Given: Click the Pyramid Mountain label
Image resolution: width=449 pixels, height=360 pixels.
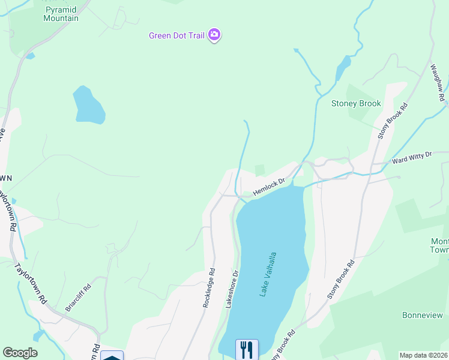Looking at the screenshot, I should (x=61, y=14).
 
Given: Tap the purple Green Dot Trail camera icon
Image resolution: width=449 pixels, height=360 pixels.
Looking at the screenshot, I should (x=214, y=35).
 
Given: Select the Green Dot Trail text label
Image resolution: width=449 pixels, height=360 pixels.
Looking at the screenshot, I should (x=177, y=35).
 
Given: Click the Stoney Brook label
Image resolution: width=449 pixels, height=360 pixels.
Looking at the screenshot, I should (x=356, y=104).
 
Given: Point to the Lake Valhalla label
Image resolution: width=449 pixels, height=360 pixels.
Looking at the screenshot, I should (x=268, y=274).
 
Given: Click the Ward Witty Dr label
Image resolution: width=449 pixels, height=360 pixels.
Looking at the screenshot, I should (x=412, y=158).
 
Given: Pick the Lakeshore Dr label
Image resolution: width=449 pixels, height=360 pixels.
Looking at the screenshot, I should (x=232, y=289).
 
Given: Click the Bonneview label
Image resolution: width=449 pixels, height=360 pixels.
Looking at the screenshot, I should (x=422, y=315).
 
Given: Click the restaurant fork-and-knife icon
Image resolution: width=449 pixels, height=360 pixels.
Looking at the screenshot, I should (x=247, y=349).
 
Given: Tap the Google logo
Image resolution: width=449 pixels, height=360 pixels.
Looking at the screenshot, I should (x=20, y=353).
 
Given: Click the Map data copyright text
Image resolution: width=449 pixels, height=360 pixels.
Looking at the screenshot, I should (x=423, y=355).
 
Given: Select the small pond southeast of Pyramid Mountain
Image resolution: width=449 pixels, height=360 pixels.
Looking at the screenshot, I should (x=88, y=105).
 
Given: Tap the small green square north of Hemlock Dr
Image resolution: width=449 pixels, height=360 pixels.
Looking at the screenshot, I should (x=260, y=170).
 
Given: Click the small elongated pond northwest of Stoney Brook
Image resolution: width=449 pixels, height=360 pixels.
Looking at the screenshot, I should (x=343, y=67).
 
